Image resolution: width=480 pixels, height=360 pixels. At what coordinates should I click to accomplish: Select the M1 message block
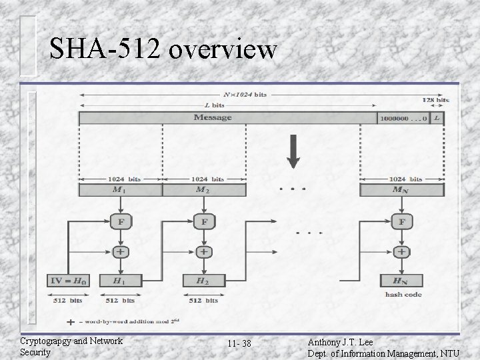(120, 190)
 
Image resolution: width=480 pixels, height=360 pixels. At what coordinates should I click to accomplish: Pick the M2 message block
(203, 190)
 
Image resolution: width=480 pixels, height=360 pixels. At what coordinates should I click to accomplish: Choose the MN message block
(401, 190)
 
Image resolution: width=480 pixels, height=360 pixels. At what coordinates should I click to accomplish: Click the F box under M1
(120, 221)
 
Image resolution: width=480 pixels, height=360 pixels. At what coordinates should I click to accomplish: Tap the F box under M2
(203, 221)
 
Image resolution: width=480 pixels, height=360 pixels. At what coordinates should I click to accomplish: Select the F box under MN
(401, 221)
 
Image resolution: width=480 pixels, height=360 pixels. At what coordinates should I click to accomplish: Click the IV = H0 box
(70, 281)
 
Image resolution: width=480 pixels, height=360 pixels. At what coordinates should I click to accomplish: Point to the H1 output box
(120, 281)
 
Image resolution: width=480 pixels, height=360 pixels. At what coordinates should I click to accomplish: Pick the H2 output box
(203, 281)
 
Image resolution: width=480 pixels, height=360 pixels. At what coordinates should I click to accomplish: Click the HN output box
(401, 281)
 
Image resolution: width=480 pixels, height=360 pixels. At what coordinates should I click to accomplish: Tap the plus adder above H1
(120, 252)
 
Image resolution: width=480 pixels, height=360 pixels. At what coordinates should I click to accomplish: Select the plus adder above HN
(401, 252)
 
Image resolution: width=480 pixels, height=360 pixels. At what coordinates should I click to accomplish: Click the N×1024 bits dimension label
(245, 95)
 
